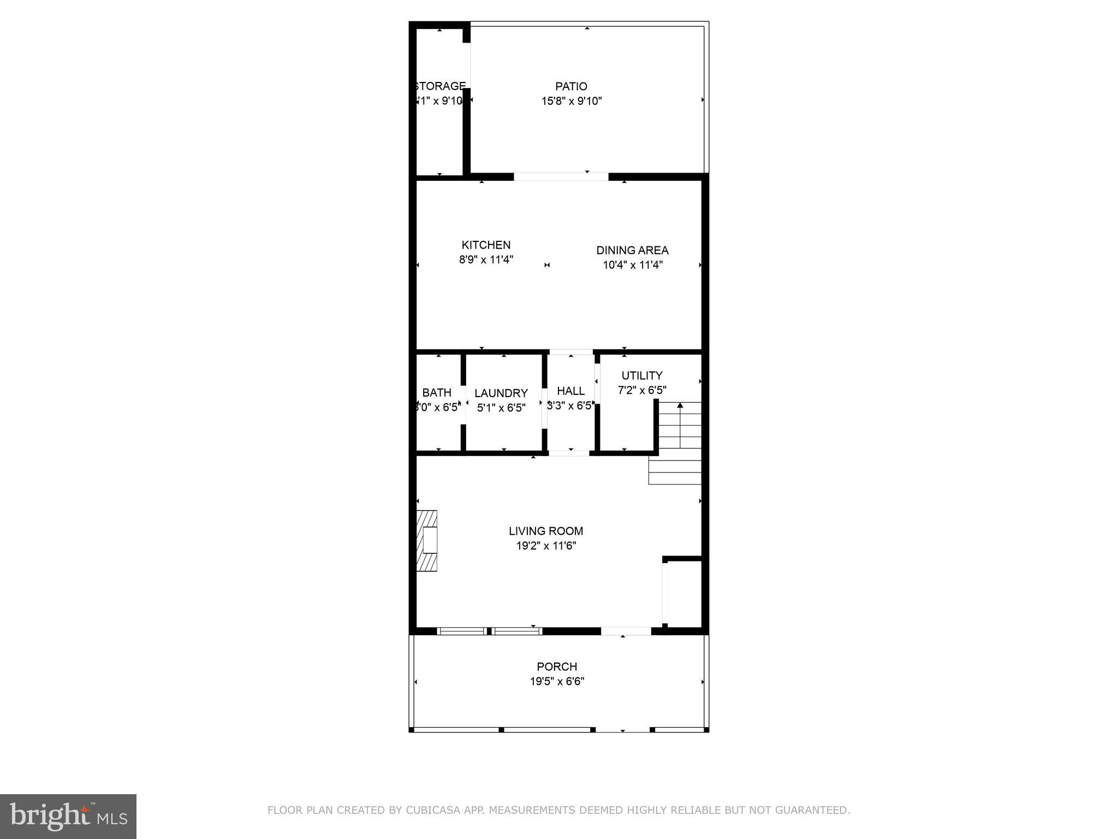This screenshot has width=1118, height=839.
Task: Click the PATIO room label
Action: tap(571, 86)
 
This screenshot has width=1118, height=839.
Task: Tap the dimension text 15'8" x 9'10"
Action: tap(571, 101)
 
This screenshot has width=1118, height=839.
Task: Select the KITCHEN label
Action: tap(486, 245)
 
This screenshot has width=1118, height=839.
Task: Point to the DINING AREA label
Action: tap(632, 250)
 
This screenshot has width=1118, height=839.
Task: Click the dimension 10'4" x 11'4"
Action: tap(632, 265)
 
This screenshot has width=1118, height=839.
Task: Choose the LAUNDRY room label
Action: tap(501, 393)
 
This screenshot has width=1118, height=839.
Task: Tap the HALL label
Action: tap(570, 391)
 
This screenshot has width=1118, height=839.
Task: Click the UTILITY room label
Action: tap(641, 376)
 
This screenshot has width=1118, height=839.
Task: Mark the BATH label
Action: tap(437, 393)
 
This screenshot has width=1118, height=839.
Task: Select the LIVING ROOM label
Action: tap(545, 531)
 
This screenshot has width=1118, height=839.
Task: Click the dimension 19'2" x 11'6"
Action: tap(546, 546)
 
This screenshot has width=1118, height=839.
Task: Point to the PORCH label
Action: tap(556, 667)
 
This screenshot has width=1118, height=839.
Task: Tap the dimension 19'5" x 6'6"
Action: tap(556, 682)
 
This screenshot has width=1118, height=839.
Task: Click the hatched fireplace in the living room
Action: tap(426, 541)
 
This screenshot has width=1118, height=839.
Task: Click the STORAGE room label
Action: tap(440, 86)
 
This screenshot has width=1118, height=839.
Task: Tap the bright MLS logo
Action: tap(68, 816)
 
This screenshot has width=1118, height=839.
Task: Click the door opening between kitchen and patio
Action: tap(561, 176)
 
